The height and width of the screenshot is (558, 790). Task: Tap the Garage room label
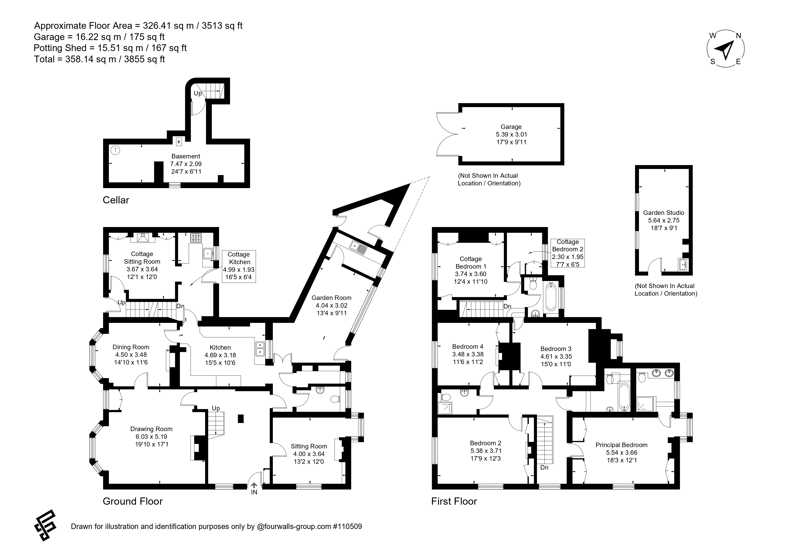[x=511, y=127]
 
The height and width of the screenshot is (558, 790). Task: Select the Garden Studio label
[x=663, y=213]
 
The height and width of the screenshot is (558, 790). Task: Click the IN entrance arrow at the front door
[x=254, y=485]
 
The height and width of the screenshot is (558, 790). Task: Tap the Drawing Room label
[x=151, y=429]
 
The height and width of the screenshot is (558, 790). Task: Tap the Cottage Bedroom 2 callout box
[x=567, y=253]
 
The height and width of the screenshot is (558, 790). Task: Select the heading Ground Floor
[x=133, y=501]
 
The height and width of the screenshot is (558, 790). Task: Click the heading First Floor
[x=454, y=501]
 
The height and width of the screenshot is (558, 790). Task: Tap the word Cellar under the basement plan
[x=116, y=200]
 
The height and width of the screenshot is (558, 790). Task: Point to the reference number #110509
[x=347, y=526]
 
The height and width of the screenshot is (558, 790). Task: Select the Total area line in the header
[x=100, y=59]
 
